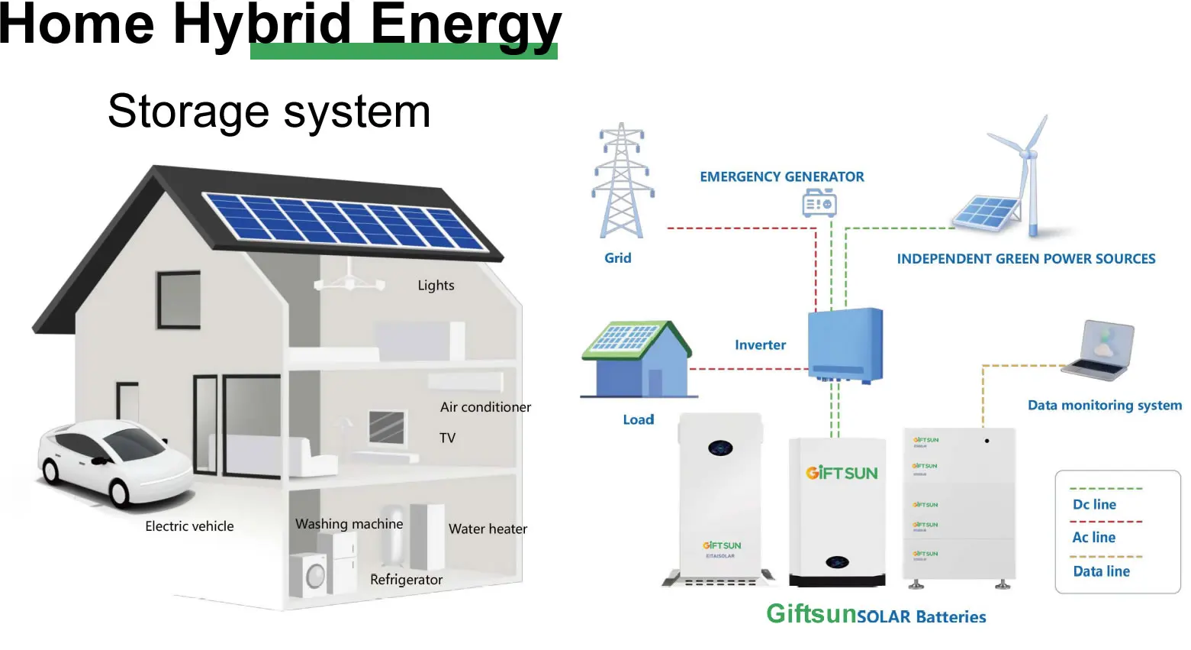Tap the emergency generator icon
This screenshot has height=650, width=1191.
[819, 203]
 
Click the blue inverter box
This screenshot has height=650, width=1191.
[845, 344]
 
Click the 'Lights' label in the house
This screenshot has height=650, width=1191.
[436, 286]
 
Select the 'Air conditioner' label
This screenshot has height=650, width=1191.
[485, 407]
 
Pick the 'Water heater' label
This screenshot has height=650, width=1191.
[488, 529]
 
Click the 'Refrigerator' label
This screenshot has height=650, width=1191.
[406, 580]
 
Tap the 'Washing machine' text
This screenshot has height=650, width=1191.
[349, 524]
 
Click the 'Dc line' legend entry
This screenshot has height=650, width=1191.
[1094, 504]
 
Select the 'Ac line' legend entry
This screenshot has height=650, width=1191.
[1093, 537]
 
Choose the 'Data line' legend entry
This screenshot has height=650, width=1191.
[1101, 571]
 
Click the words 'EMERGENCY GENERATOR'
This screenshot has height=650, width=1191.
[781, 176]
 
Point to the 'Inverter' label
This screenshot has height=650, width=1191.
[760, 345]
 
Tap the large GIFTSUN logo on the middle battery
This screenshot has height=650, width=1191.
[842, 473]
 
